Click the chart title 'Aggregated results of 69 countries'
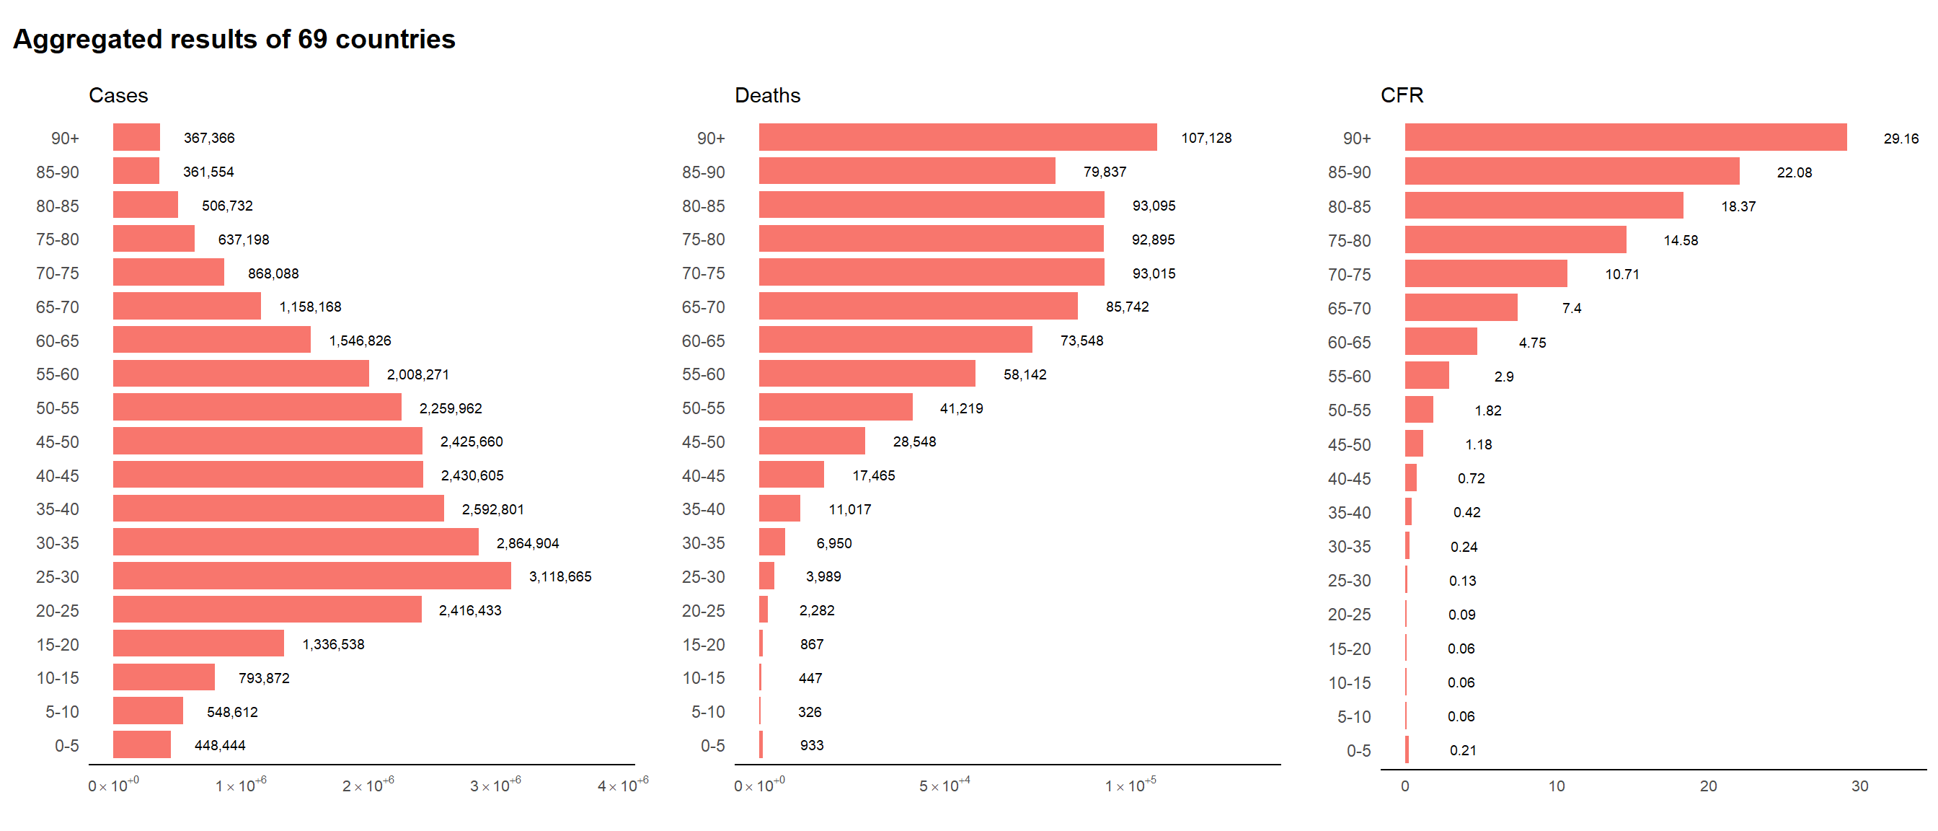coord(234,39)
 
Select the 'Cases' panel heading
coord(118,96)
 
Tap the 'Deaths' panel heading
coord(766,96)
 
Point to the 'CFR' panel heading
coord(1401,96)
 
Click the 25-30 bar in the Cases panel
coord(311,576)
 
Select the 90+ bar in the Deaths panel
coord(957,138)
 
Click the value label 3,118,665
coord(559,576)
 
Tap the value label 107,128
coord(1205,138)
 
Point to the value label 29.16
coord(1901,138)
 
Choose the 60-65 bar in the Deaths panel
coord(895,340)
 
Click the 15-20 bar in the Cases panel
coord(198,643)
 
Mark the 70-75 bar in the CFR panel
coord(1485,274)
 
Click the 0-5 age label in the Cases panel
coord(66,745)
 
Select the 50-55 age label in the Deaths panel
coord(703,408)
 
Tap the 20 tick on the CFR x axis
coord(1708,786)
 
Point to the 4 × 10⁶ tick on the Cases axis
coord(622,786)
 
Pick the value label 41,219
coord(961,408)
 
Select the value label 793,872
coord(263,678)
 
